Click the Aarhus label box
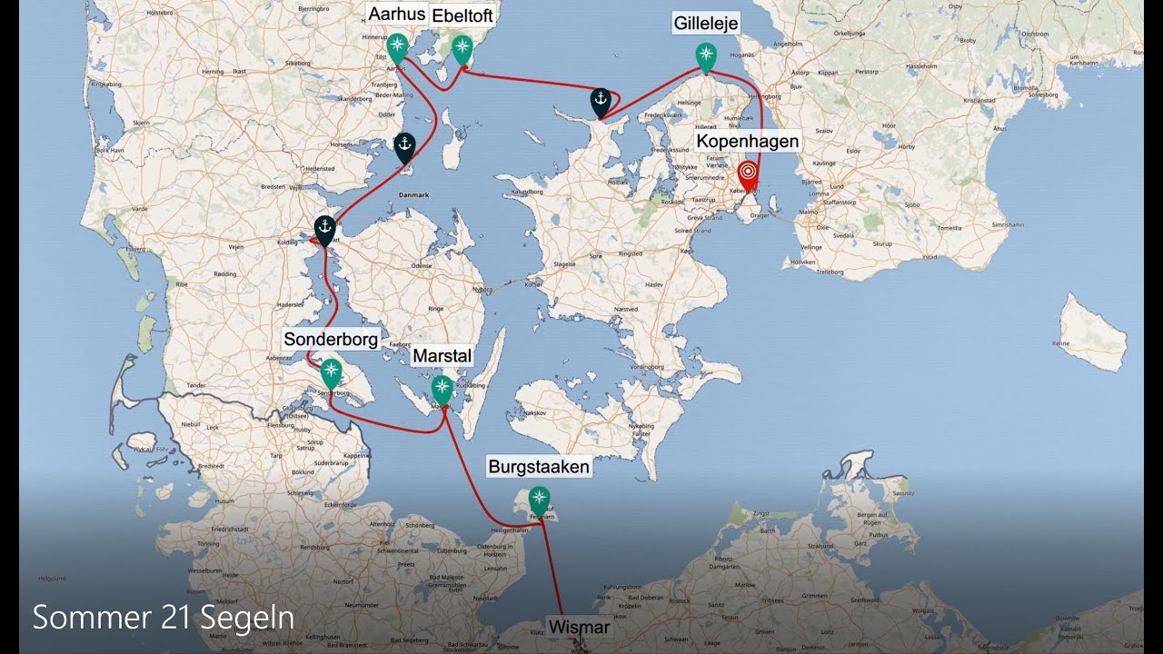click(x=396, y=15)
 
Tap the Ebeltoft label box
click(x=462, y=16)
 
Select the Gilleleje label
click(x=706, y=24)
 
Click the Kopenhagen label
click(x=748, y=142)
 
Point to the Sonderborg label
click(x=331, y=340)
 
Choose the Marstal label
click(x=442, y=357)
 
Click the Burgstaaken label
click(x=539, y=467)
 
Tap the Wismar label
click(x=579, y=628)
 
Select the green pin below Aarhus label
click(x=397, y=46)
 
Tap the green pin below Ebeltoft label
click(x=462, y=48)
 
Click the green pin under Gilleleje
click(x=706, y=54)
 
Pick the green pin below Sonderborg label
click(x=331, y=371)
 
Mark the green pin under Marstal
click(x=442, y=388)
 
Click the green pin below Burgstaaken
click(x=540, y=499)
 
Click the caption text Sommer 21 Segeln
click(x=164, y=618)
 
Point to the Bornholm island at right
click(x=1094, y=332)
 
